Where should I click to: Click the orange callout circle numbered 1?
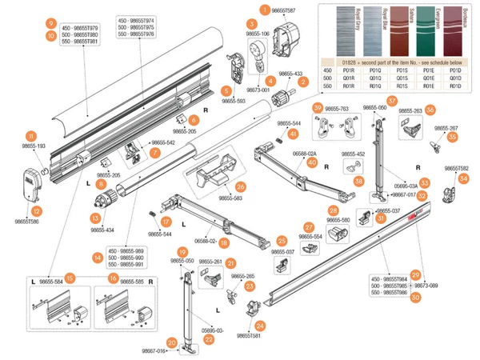pos(265,10)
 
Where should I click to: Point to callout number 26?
pos(240,186)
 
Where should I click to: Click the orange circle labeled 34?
pos(462,178)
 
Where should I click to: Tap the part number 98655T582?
pos(457,169)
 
